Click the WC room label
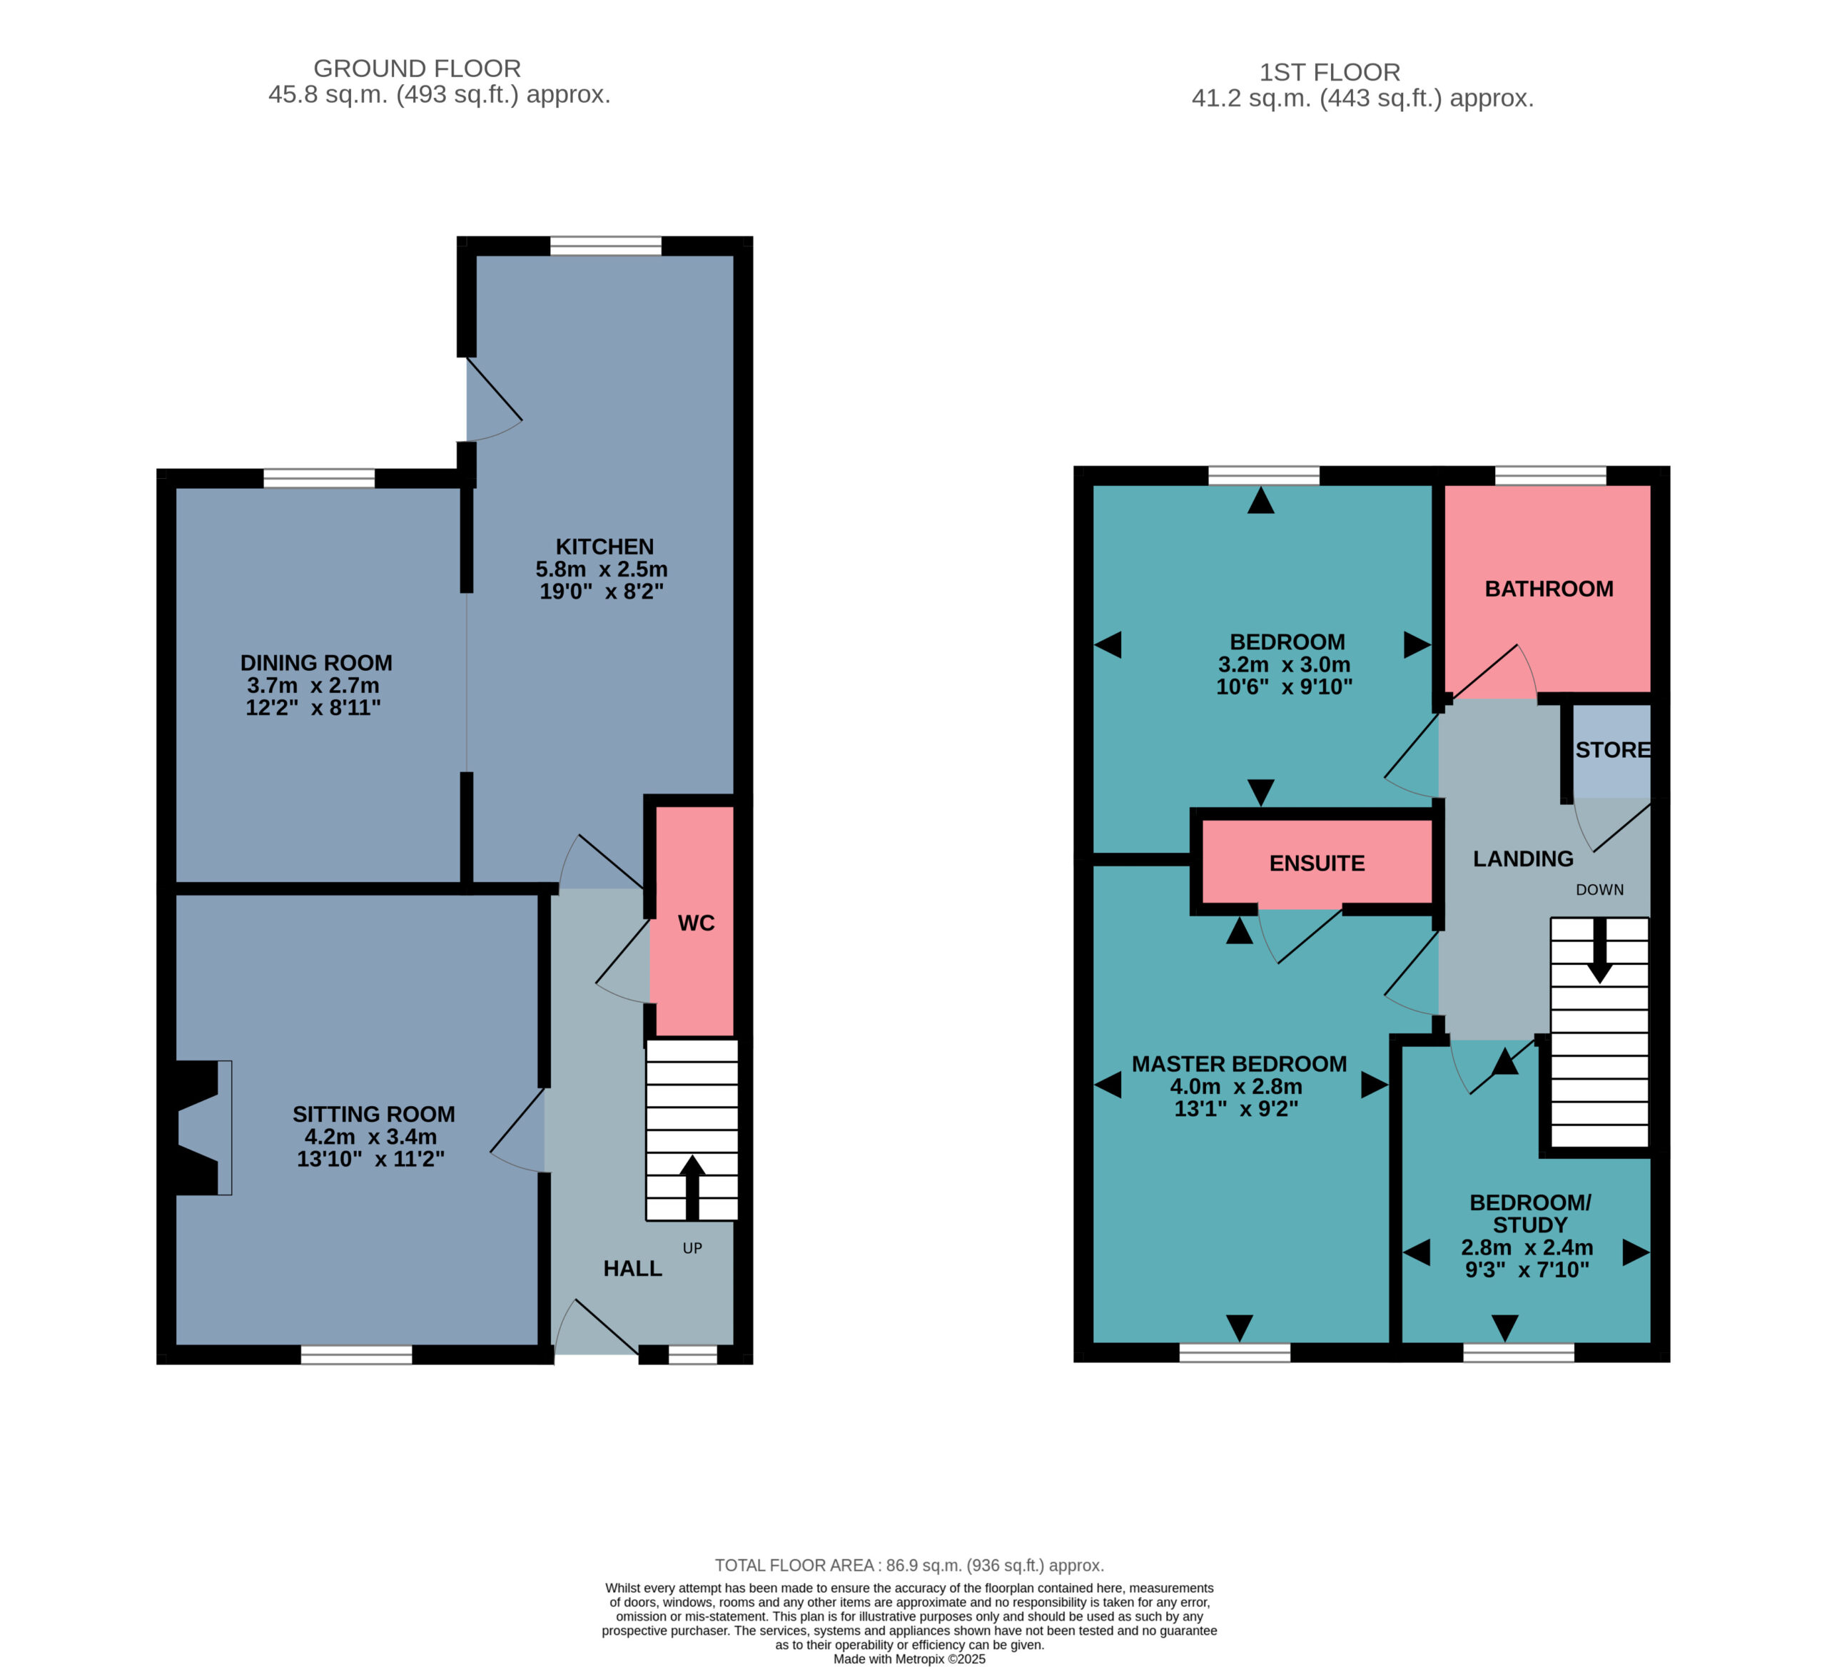tap(696, 923)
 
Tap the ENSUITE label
tap(1317, 863)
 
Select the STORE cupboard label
tap(1613, 750)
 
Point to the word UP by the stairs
tap(692, 1248)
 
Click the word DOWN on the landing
tap(1599, 890)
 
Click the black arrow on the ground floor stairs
tap(692, 1187)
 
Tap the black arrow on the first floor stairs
tap(1599, 951)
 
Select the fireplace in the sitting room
tap(196, 1128)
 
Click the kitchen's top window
tap(605, 245)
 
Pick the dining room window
tap(319, 478)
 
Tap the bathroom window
tap(1551, 476)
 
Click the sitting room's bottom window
tap(356, 1354)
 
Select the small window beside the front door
tap(692, 1354)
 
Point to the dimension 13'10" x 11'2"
tap(370, 1159)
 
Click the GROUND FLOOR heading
tap(417, 69)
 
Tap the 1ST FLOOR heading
tap(1330, 73)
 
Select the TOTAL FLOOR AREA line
tap(909, 1566)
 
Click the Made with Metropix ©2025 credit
tap(909, 1660)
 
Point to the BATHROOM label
tap(1549, 589)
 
